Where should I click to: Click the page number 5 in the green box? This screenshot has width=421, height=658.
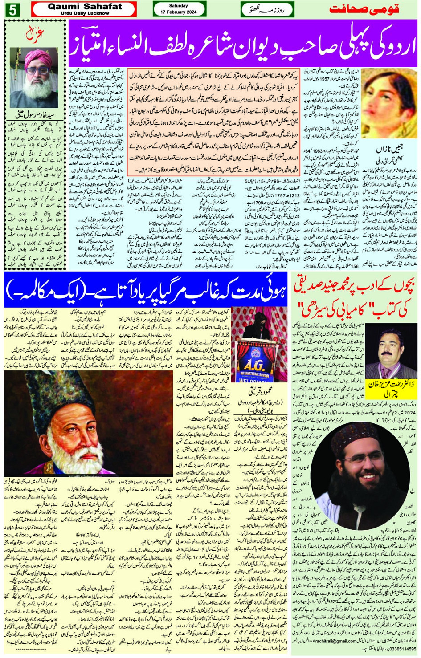[x=12, y=9]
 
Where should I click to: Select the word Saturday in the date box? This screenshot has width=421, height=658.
[x=178, y=6]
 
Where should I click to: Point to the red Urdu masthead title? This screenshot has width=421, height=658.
[x=364, y=9]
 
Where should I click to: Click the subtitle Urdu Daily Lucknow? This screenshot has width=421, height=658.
[x=85, y=13]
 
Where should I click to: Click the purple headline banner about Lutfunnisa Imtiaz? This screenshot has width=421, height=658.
[x=243, y=44]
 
